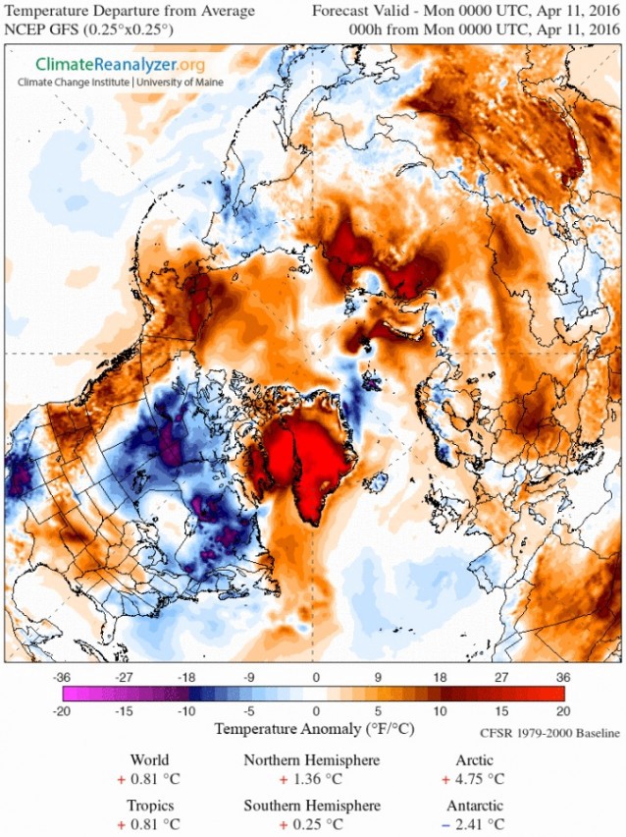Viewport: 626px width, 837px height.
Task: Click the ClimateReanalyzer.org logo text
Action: tap(110, 65)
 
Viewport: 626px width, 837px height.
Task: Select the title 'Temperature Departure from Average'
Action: tap(130, 11)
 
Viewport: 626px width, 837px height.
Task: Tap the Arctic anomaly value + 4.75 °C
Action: tap(480, 779)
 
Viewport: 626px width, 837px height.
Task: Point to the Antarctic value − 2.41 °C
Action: tap(480, 823)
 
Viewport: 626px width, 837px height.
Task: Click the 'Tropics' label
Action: tap(149, 806)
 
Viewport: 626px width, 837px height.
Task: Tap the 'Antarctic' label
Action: tap(481, 806)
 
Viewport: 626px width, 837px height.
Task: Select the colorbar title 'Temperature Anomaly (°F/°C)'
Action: tap(313, 730)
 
